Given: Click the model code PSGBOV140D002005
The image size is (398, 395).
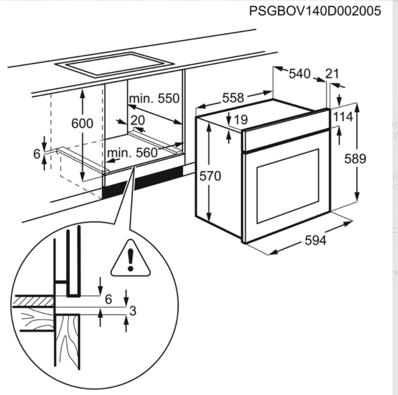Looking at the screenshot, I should (315, 11).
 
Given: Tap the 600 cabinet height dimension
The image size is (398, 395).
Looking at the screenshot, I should (82, 123).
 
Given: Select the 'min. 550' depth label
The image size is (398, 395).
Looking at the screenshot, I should (154, 98).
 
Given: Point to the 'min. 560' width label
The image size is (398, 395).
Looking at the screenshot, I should (132, 153).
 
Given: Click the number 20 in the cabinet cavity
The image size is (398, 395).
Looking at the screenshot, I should (137, 120).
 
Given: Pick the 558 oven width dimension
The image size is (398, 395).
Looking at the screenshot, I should (233, 98).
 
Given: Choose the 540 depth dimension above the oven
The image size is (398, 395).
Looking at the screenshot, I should (300, 73).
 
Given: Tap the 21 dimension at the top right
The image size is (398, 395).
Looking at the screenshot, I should (332, 73).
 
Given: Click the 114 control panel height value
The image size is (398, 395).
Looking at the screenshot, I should (343, 117).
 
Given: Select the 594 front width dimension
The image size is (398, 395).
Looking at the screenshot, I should (315, 241).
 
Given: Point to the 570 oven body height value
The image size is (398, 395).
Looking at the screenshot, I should (211, 176).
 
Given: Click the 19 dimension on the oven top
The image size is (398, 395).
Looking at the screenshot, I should (241, 120).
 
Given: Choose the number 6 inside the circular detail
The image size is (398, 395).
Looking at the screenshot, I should (108, 299).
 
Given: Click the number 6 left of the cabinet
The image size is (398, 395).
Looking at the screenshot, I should (37, 154).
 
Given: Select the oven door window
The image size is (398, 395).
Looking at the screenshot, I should (288, 186).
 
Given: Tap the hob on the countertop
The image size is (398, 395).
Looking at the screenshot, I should (115, 64).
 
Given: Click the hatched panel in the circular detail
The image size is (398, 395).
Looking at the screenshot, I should (33, 301).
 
